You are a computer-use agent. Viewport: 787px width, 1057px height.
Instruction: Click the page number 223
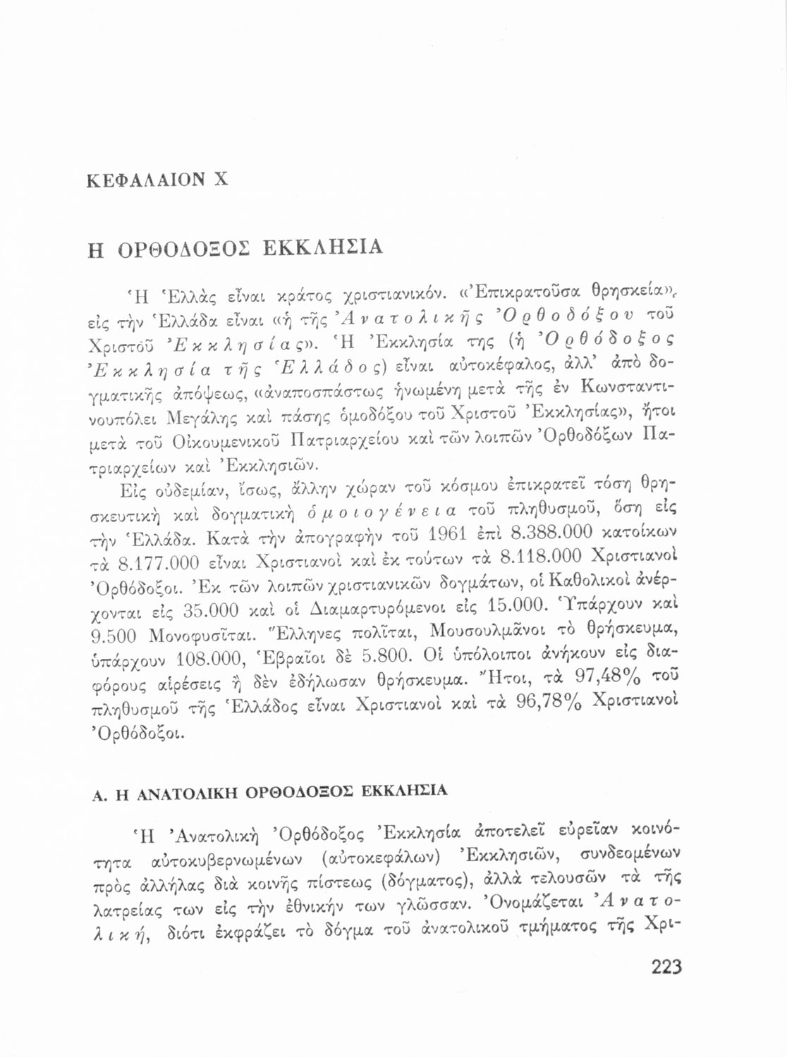(x=666, y=966)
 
